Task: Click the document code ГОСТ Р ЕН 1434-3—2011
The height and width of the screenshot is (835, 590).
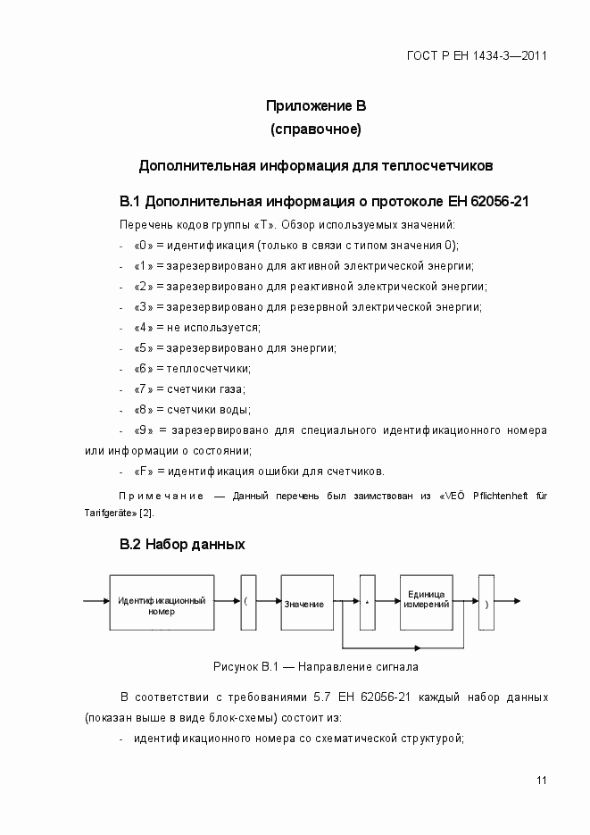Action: click(477, 55)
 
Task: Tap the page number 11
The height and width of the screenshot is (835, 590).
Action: click(541, 781)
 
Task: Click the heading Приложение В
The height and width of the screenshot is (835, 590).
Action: click(315, 106)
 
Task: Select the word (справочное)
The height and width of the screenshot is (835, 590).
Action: click(315, 130)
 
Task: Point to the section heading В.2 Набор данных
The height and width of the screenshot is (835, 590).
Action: click(182, 544)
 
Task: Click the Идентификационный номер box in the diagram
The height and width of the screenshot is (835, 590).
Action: click(162, 605)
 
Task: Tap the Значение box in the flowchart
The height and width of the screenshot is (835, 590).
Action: click(306, 604)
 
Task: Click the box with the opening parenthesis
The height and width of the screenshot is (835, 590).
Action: click(247, 604)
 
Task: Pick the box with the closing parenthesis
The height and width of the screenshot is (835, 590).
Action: click(485, 604)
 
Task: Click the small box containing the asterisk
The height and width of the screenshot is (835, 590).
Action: click(366, 604)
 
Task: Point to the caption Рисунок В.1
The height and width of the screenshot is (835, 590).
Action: click(315, 666)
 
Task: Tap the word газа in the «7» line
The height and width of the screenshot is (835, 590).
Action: click(231, 389)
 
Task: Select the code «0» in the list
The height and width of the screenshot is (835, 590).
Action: click(143, 245)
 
